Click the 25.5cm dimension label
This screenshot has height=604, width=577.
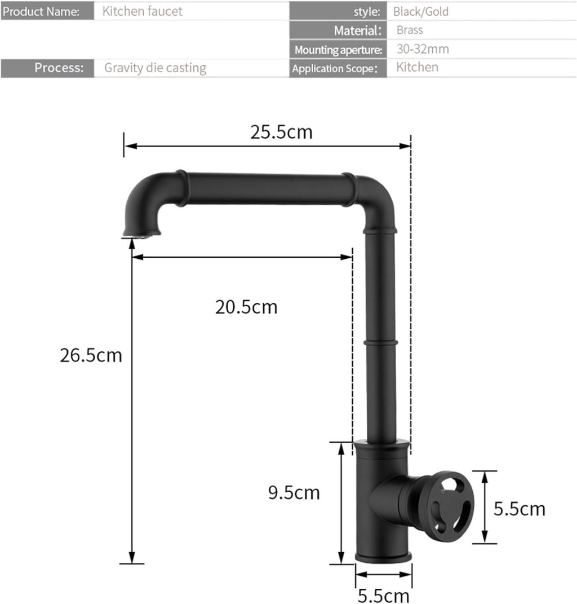coord(281,132)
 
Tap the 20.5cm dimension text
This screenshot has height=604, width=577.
coord(246,307)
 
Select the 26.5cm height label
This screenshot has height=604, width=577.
coord(91,355)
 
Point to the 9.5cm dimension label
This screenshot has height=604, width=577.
coord(294,493)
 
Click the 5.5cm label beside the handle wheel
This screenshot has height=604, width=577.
coord(520,509)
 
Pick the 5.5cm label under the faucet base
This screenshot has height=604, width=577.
coord(383,596)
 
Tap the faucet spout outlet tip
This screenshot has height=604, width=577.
coord(141,233)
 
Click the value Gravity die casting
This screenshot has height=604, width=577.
coord(155,68)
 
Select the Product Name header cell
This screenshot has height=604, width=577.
coord(47,11)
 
